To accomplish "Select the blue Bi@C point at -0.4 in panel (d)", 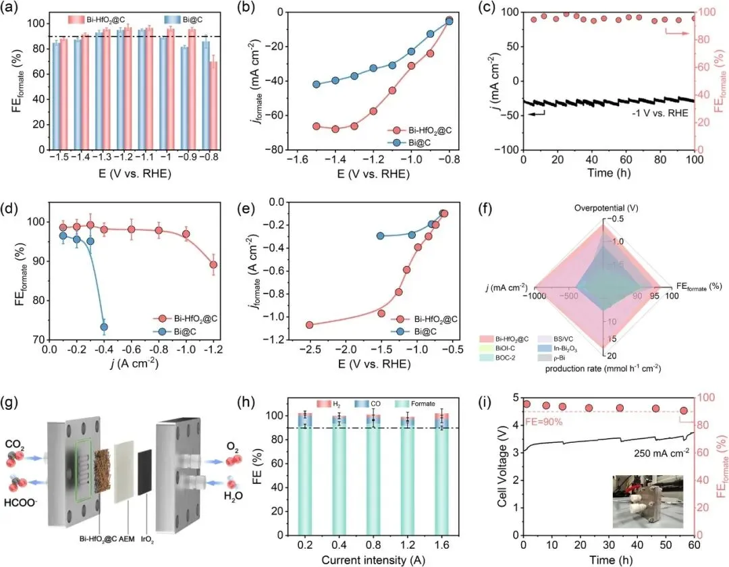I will pos(104,327).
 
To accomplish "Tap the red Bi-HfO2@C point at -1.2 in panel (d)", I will pos(213,265).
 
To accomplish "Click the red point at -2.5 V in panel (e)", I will pos(310,325).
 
